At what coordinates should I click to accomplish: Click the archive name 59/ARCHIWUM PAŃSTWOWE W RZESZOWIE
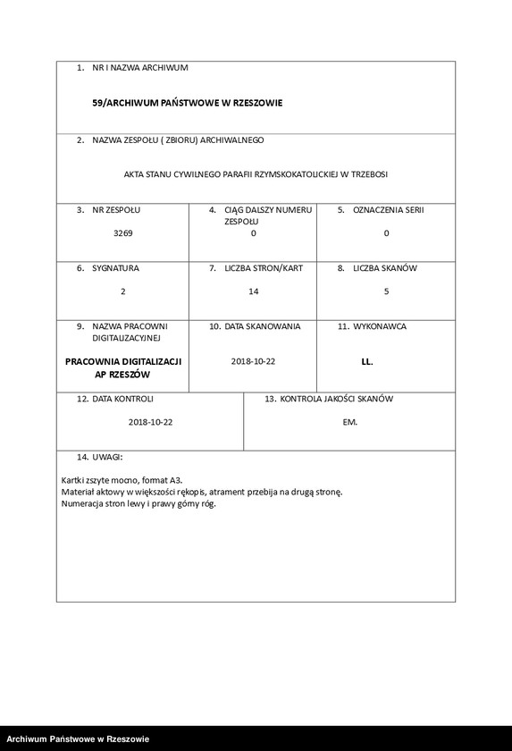(187, 103)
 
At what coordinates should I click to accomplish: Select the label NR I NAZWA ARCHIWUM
(139, 67)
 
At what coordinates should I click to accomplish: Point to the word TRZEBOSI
(368, 174)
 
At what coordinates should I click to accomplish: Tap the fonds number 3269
(122, 232)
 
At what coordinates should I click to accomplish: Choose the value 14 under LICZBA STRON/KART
(253, 291)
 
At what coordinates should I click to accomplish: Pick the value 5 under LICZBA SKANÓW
(386, 291)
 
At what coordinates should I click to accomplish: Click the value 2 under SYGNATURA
(122, 291)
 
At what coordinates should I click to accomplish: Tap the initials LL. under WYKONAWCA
(367, 362)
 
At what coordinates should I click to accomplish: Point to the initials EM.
(349, 422)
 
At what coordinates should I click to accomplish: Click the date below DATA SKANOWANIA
(253, 361)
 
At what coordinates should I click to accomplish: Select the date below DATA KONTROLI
(150, 422)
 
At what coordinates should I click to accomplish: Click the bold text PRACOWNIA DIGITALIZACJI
(123, 361)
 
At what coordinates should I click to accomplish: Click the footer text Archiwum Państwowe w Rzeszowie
(78, 738)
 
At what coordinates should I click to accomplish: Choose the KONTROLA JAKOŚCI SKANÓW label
(336, 398)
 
